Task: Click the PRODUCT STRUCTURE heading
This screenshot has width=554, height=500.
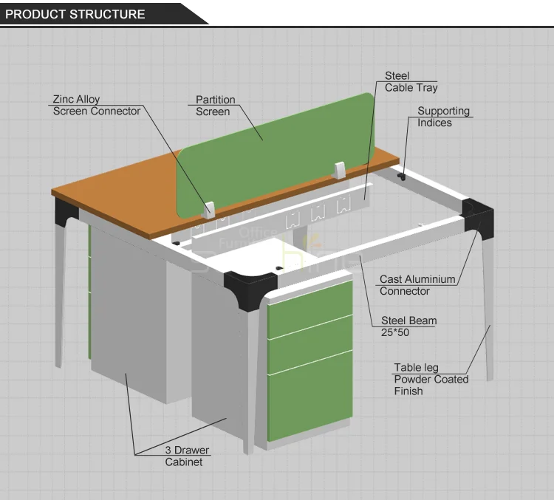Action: (x=75, y=14)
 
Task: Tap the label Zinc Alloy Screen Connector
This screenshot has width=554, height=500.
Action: (x=96, y=106)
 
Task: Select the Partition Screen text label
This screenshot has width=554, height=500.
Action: (x=215, y=106)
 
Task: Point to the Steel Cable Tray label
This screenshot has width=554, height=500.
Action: (x=411, y=82)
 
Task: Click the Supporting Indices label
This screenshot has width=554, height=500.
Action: (x=443, y=117)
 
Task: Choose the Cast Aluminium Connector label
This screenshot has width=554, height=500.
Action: (x=417, y=285)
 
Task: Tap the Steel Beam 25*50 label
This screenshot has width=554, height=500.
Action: (x=408, y=326)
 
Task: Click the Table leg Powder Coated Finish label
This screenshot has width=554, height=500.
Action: (x=431, y=379)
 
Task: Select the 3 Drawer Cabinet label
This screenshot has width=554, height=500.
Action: (x=187, y=456)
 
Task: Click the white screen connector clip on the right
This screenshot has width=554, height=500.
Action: (x=340, y=169)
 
